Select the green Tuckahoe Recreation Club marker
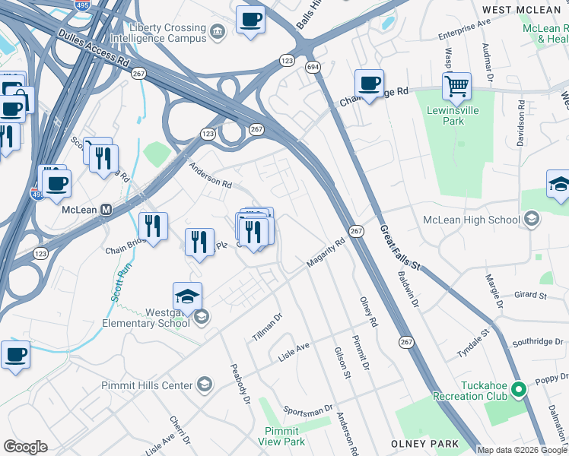click(520, 391)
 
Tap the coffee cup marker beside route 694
click(369, 83)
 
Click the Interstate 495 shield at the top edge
click(81, 5)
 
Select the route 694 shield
click(313, 68)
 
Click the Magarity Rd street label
click(326, 252)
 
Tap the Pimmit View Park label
click(281, 435)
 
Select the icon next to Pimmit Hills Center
click(204, 385)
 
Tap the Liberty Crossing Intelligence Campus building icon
click(218, 31)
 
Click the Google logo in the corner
click(25, 447)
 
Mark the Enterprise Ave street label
click(465, 30)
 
